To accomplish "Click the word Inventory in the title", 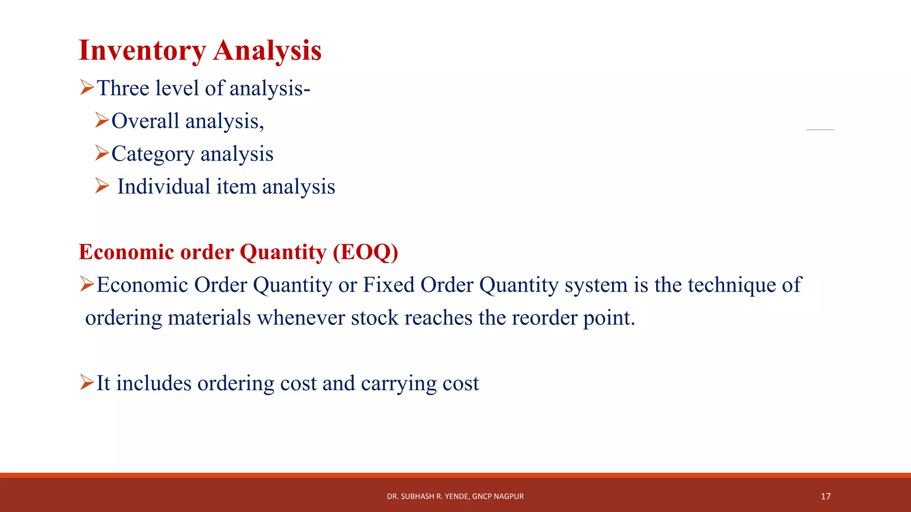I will click(x=142, y=51).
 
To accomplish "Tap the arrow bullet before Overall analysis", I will click(x=102, y=120).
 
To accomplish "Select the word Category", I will click(x=153, y=154).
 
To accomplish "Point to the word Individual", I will click(x=163, y=187).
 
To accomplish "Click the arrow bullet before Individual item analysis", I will click(x=102, y=186).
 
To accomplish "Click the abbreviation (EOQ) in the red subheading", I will click(x=365, y=252).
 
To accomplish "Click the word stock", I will click(x=375, y=318).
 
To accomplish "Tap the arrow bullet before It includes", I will click(x=87, y=382).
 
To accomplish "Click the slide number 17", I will click(x=826, y=496).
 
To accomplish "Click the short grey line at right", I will click(x=820, y=129).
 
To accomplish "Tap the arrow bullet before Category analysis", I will click(x=102, y=153).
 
